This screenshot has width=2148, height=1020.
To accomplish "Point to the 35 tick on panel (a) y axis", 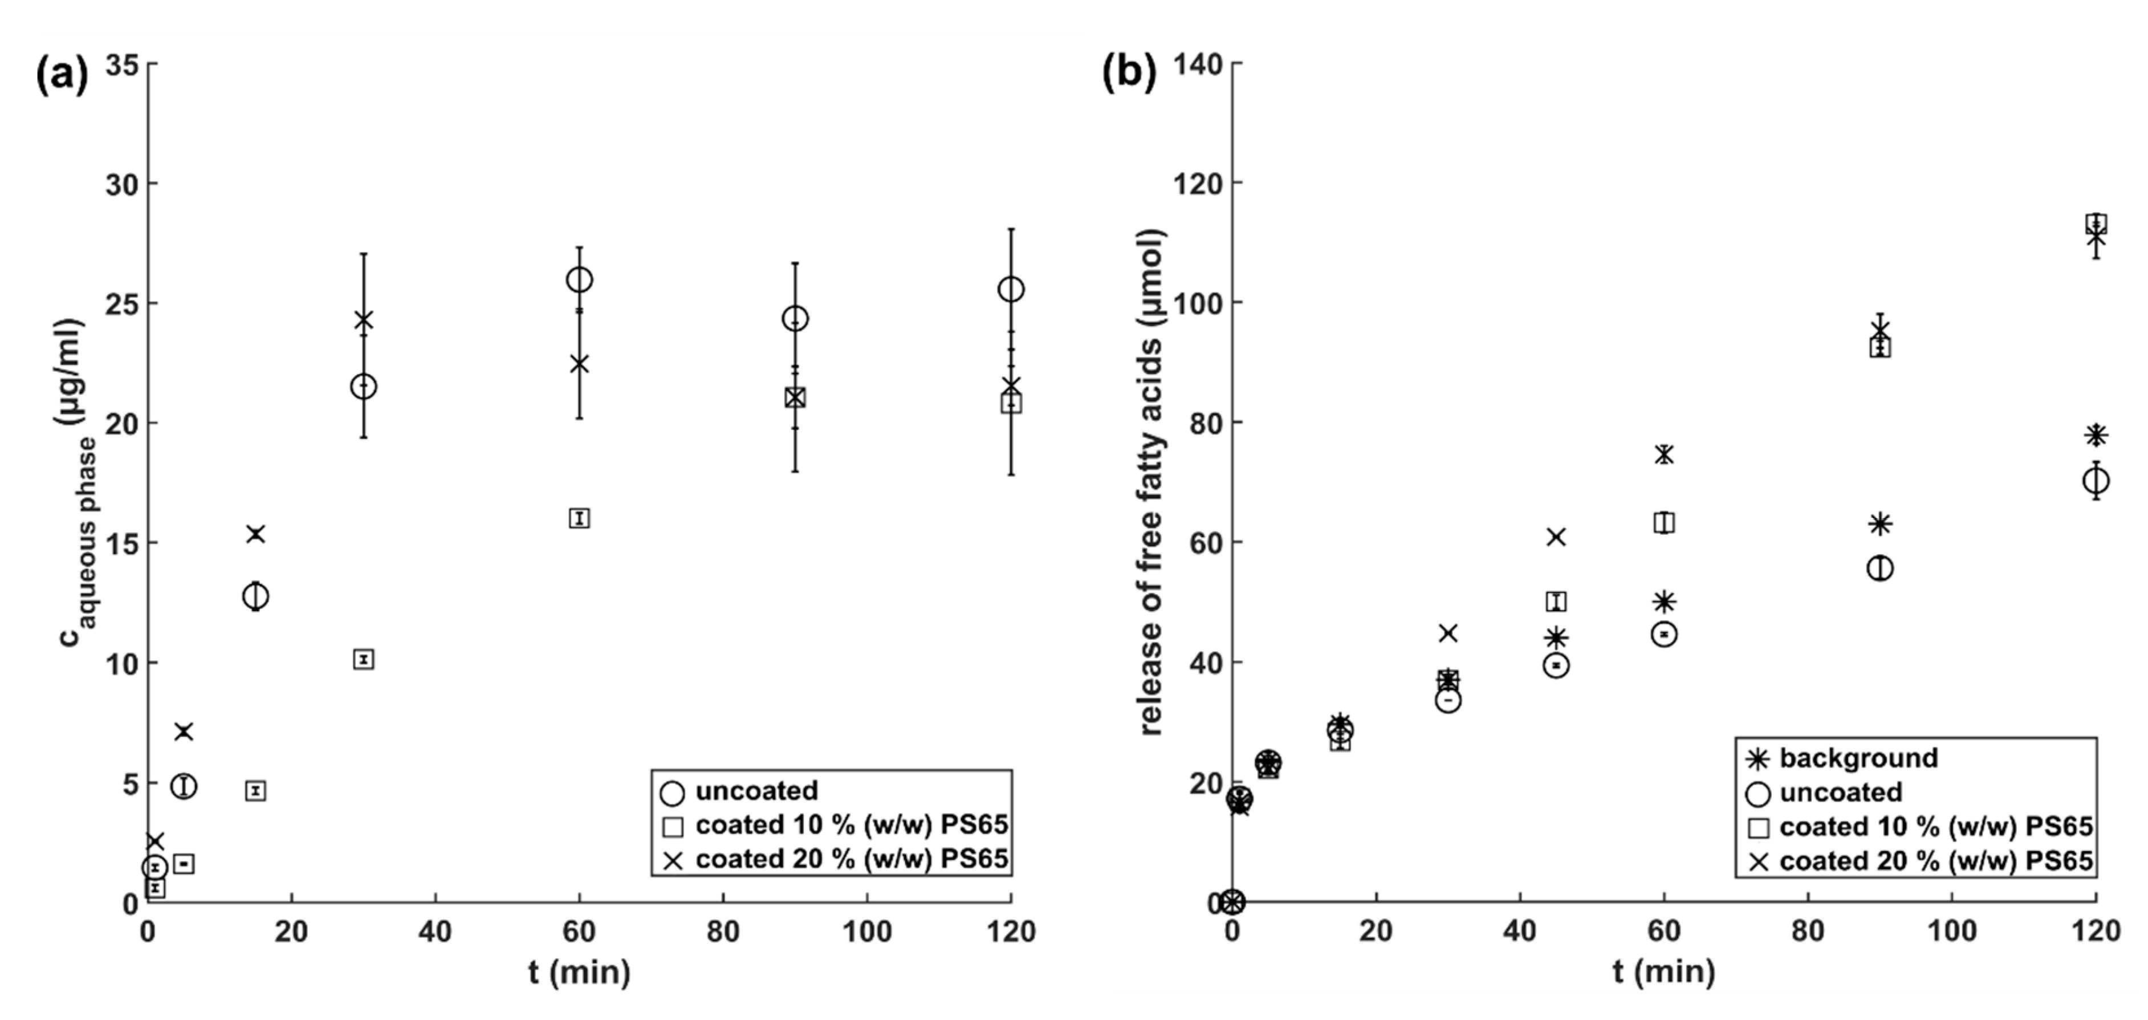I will [x=122, y=64].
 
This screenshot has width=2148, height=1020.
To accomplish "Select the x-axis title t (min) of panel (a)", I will [x=579, y=972].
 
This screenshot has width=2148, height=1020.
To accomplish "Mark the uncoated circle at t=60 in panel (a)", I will [x=579, y=280].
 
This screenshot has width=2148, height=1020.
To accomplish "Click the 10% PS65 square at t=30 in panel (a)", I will [x=364, y=660].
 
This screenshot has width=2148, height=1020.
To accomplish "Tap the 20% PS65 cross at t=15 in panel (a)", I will [x=255, y=534].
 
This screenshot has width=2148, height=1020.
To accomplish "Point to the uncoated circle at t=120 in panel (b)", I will [x=2096, y=481].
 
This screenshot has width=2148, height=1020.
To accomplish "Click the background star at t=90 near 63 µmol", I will [x=1879, y=525].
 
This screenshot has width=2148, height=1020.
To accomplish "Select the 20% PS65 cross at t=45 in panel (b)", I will [x=1556, y=537].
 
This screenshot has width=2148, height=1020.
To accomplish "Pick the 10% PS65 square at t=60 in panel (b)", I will [x=1663, y=523].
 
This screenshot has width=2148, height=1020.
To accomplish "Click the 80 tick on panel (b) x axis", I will [x=1808, y=930].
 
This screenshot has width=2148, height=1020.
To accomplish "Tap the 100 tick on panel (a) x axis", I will [x=866, y=930].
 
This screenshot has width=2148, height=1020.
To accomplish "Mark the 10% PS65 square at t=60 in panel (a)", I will [x=579, y=519].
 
